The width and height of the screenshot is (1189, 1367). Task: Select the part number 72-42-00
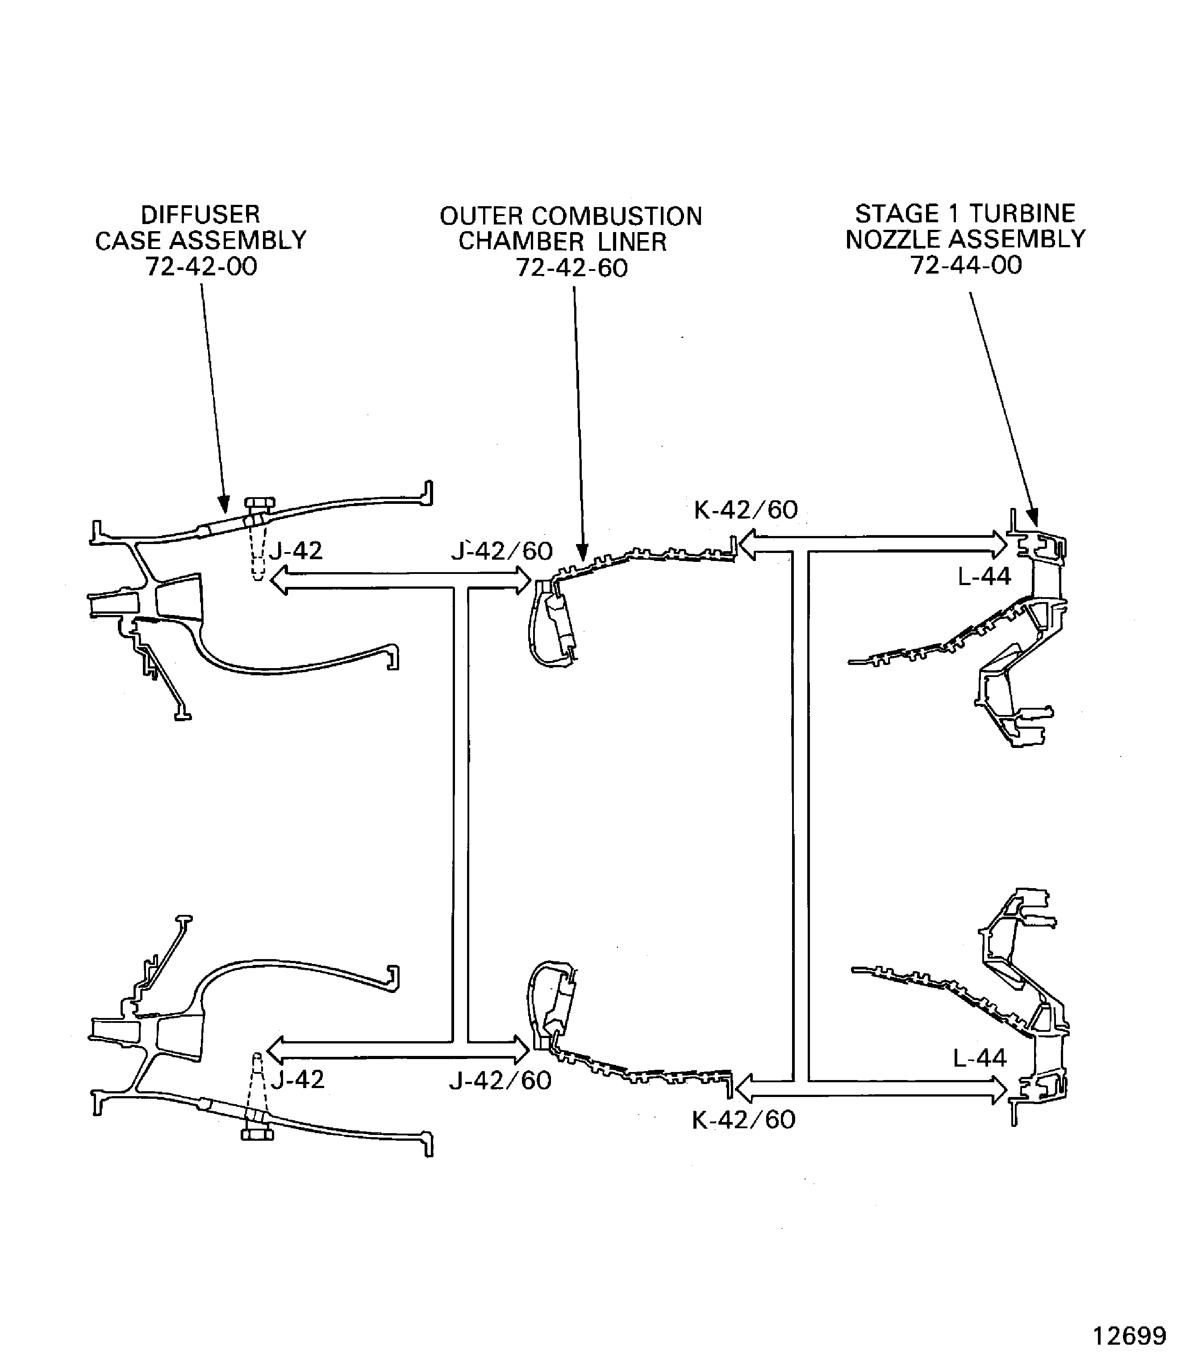201,266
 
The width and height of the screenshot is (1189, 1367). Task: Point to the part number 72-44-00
966,265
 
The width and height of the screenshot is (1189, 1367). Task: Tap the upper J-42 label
295,551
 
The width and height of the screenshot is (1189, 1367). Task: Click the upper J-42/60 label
501,551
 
